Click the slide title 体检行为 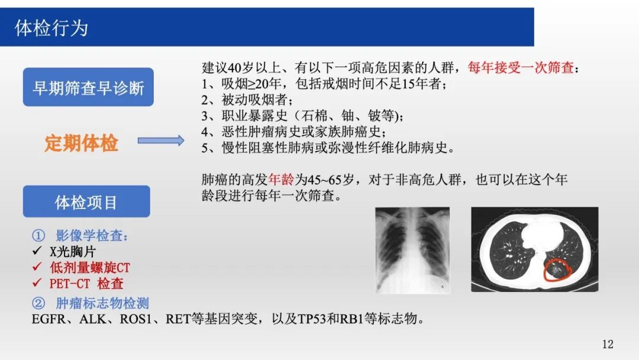(51, 28)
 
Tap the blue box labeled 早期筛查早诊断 (88, 87)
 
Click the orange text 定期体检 (81, 143)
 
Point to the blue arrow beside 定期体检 (160, 141)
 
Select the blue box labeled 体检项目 (86, 201)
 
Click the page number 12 (608, 344)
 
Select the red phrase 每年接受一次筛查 (521, 67)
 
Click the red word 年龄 (281, 179)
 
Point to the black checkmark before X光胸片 (37, 250)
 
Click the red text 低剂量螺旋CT (90, 268)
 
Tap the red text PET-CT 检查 (86, 284)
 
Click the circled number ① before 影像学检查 (38, 235)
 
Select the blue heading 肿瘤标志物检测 (102, 303)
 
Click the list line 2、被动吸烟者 (247, 99)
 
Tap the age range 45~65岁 (331, 179)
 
